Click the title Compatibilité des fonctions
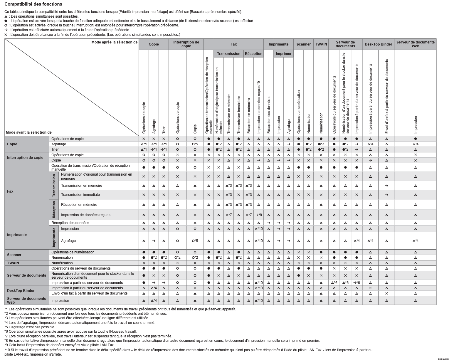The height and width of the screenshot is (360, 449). tap(33, 4)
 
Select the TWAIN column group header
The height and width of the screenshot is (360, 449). tap(321, 44)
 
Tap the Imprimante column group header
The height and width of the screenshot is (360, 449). tap(278, 44)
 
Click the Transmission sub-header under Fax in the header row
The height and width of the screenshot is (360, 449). tap(228, 54)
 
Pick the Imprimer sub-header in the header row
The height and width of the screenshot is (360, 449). tap(283, 54)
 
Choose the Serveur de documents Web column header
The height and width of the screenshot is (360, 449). tap(415, 44)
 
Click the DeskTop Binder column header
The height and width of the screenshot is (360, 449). tap(378, 44)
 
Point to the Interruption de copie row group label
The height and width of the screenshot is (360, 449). tap(25, 158)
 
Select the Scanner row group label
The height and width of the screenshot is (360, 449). tap(14, 255)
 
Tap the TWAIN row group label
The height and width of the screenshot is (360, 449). tap(13, 263)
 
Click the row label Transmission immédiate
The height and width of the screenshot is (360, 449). tap(80, 195)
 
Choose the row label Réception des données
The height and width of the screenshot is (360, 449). tap(70, 223)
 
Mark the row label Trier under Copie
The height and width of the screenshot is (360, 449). tap(55, 149)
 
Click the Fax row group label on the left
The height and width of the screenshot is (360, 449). tap(10, 191)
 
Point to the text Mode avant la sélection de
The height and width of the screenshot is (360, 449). tap(28, 132)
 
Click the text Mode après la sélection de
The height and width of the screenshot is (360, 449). tap(114, 42)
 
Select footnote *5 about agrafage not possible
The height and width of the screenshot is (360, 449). tap(30, 327)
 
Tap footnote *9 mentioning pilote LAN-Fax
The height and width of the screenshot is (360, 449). tap(59, 345)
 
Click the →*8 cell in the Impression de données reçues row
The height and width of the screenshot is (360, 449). tap(258, 215)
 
